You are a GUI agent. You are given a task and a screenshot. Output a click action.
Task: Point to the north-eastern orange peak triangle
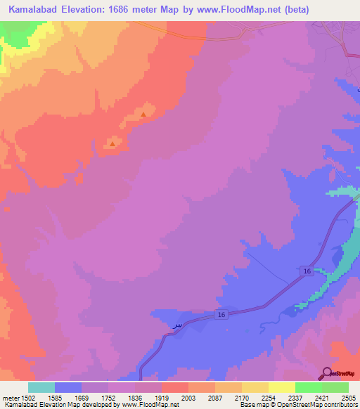point(143,113)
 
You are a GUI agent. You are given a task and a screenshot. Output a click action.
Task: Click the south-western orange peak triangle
point(112,144)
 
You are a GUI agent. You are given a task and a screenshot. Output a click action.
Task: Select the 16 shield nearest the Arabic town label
point(221,316)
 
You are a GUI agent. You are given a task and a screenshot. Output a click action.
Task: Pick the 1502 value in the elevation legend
point(27,397)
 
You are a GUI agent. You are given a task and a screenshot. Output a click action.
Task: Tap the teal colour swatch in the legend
point(41,387)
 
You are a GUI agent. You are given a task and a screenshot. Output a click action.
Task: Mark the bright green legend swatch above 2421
point(308,387)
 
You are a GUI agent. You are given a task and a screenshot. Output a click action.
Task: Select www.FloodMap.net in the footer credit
point(149,405)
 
